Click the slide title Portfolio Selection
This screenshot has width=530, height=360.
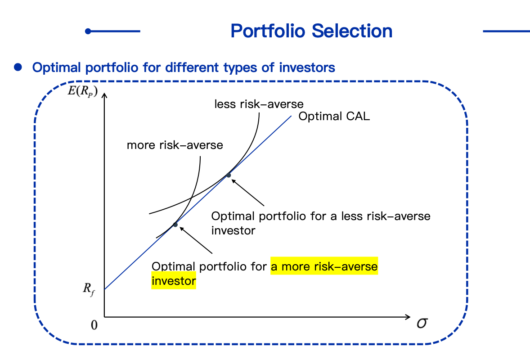click(311, 31)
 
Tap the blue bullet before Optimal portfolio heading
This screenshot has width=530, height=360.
click(18, 67)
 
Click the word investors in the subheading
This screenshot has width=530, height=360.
click(307, 67)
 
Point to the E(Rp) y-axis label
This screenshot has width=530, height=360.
click(83, 91)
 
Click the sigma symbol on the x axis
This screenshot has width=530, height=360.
click(422, 324)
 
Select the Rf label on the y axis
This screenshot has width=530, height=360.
click(89, 289)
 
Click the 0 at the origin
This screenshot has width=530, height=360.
click(94, 325)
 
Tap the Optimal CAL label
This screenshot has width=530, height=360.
click(334, 116)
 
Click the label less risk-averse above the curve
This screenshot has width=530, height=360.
click(259, 104)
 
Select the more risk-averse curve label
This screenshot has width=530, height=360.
click(175, 145)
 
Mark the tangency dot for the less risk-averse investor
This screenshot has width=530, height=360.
click(229, 175)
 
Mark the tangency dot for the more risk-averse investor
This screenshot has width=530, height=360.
click(175, 225)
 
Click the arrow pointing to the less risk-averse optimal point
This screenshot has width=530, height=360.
click(248, 193)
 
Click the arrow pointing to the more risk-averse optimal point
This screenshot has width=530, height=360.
click(196, 240)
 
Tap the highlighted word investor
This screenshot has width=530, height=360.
click(174, 281)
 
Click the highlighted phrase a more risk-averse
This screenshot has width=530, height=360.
click(324, 266)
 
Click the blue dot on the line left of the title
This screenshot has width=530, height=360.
click(88, 31)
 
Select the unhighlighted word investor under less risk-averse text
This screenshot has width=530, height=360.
click(233, 230)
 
